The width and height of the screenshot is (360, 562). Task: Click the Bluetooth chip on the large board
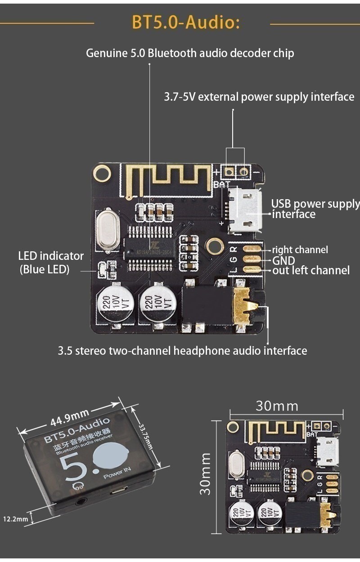149,248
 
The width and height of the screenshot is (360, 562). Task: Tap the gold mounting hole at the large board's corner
102,173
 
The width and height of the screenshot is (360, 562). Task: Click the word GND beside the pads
283,260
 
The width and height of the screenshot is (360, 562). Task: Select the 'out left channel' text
311,271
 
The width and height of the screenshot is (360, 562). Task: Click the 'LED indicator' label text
51,256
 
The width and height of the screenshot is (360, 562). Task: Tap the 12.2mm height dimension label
16,519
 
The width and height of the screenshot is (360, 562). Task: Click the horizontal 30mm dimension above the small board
277,406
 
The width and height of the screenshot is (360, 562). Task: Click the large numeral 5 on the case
74,470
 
